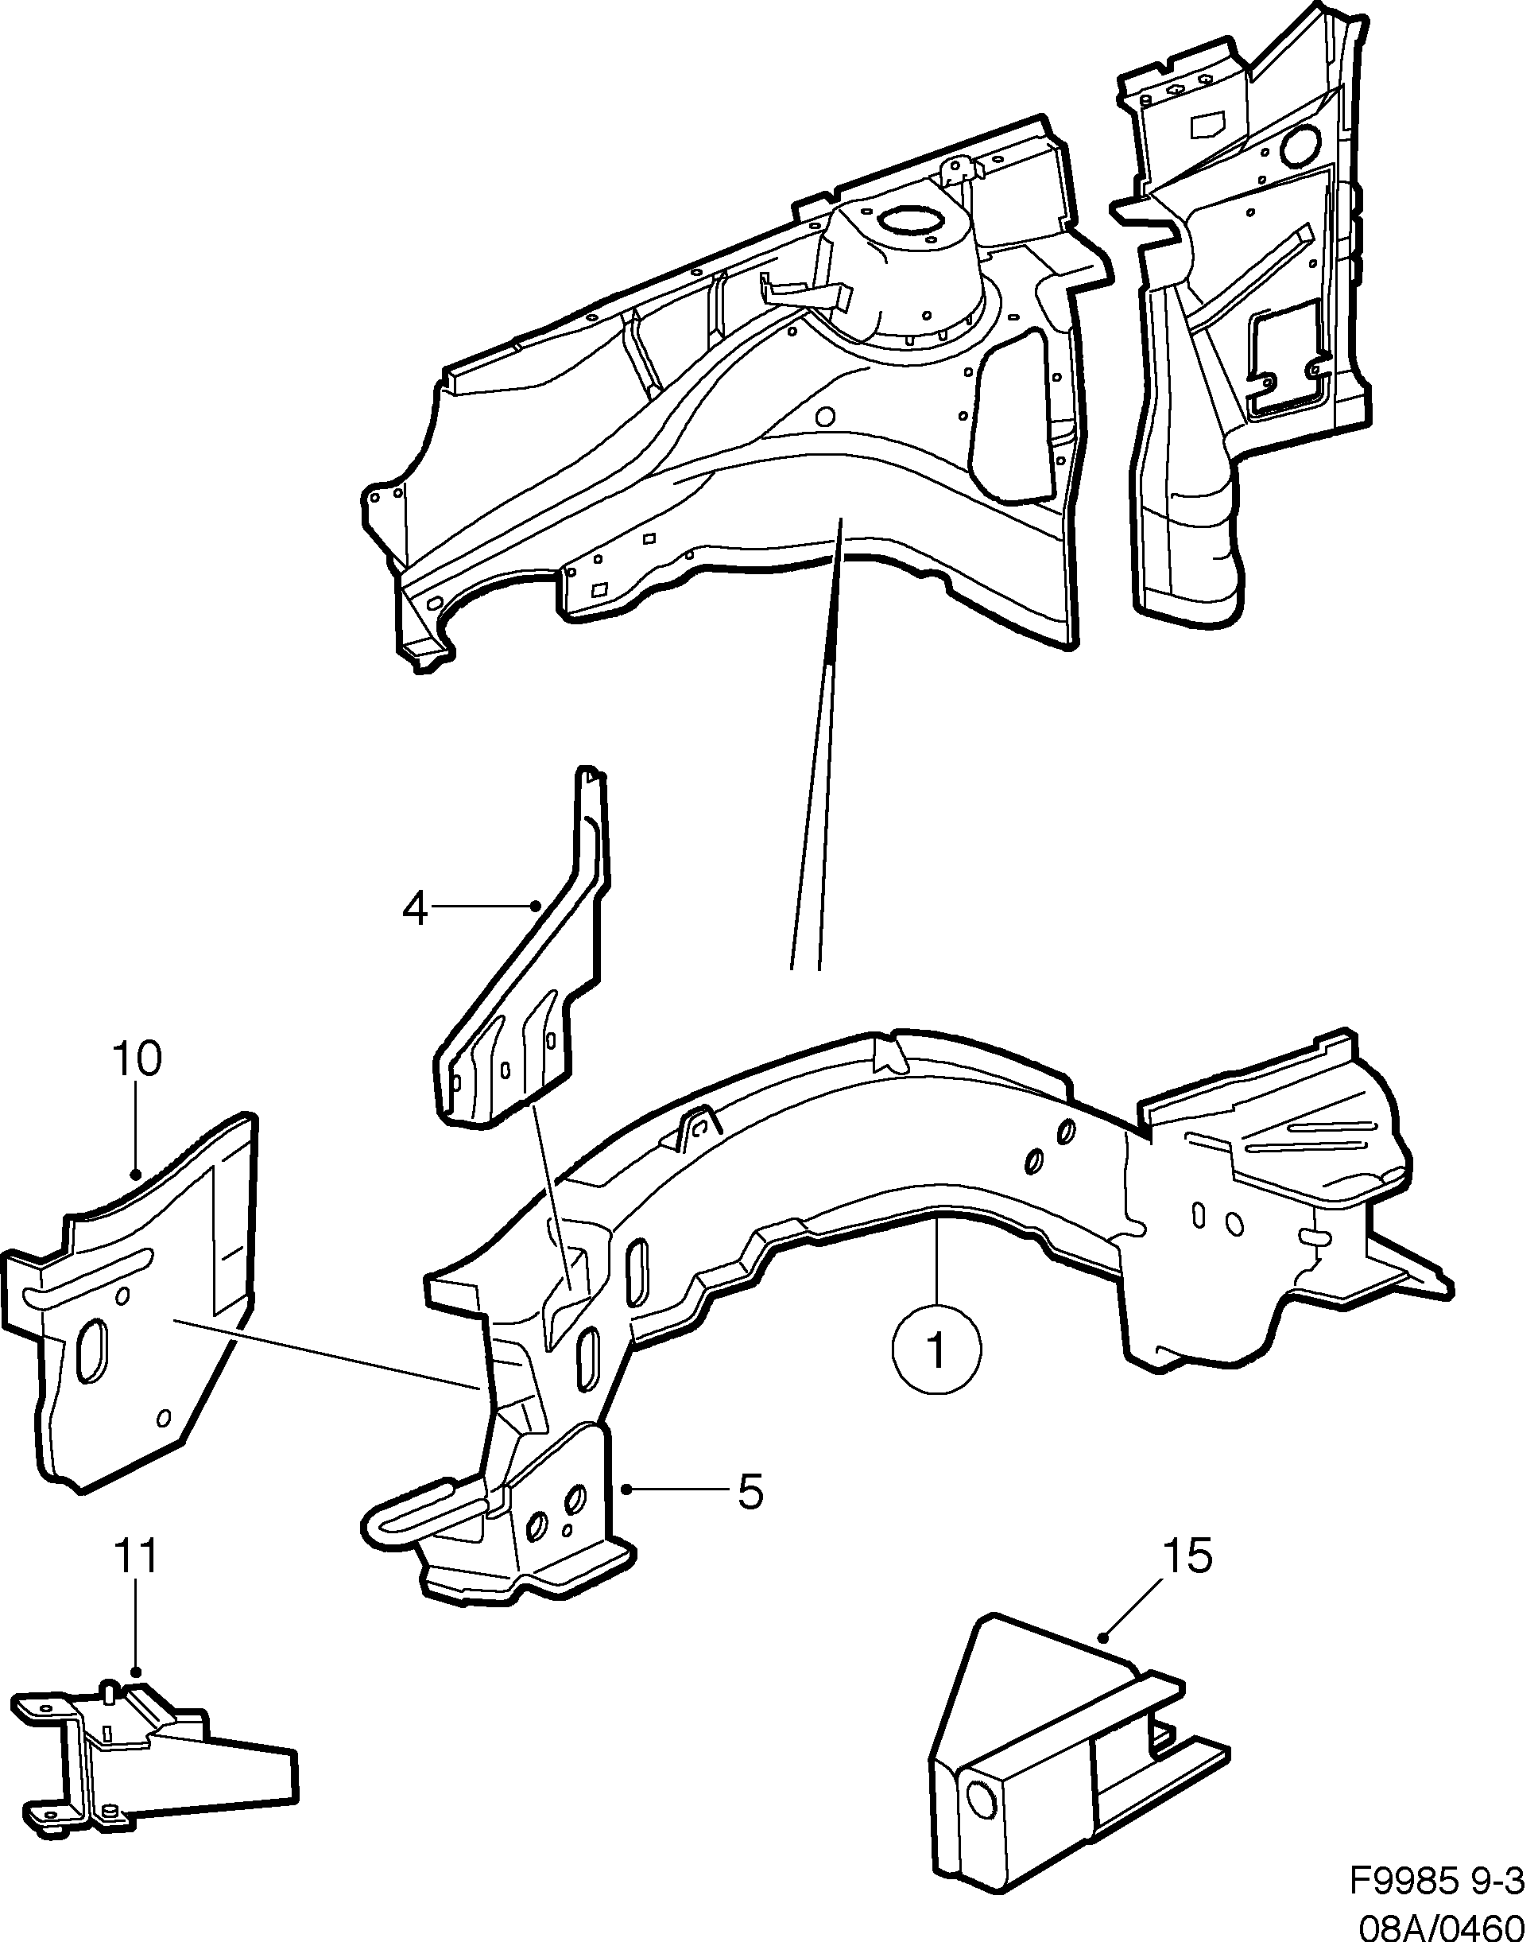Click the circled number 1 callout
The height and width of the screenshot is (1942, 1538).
pos(936,1351)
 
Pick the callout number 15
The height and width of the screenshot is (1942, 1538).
pos(1187,1556)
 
